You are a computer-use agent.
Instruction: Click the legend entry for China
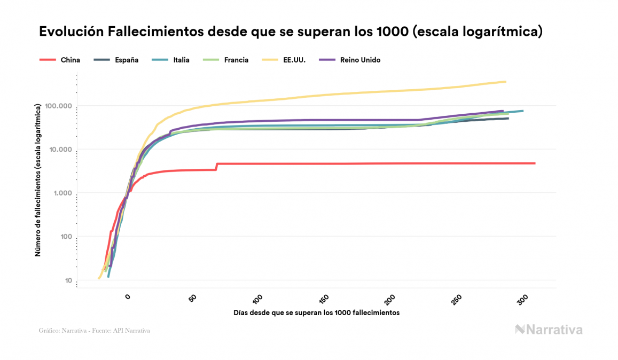tap(70, 60)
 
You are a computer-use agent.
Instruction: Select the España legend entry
tap(126, 60)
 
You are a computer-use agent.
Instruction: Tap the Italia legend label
tap(181, 60)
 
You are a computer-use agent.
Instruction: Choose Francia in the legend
tap(236, 60)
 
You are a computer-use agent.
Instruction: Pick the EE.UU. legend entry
tap(294, 60)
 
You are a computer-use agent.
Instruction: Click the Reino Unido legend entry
tap(360, 60)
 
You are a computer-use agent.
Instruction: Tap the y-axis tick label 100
tap(65, 237)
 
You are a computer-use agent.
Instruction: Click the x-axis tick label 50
tap(193, 300)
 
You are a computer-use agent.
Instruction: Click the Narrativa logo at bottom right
tap(549, 330)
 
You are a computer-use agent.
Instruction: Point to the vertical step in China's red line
tap(216, 167)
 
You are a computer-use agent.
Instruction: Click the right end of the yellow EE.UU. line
tap(505, 82)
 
